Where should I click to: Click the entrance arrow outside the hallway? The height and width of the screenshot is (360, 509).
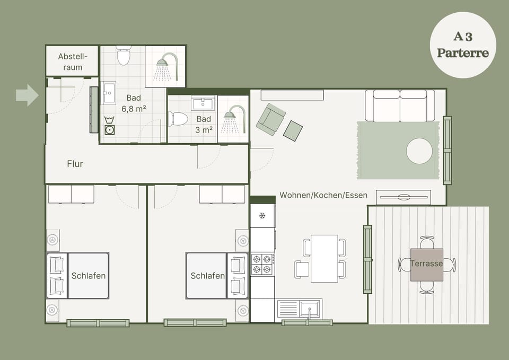[x=27, y=95]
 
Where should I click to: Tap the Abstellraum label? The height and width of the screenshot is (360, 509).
[x=73, y=62]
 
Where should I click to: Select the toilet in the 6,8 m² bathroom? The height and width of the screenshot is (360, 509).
[x=124, y=55]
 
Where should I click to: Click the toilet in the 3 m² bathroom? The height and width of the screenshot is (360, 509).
[x=178, y=118]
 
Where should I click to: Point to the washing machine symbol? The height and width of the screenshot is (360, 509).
[x=109, y=126]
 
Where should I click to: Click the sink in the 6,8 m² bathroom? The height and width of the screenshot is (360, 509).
[x=109, y=93]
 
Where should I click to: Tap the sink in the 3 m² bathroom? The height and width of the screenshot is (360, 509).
[x=203, y=103]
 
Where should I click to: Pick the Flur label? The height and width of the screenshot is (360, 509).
[x=75, y=164]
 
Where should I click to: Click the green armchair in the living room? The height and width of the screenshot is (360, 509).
[x=271, y=119]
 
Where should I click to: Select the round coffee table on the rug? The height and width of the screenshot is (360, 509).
[x=419, y=151]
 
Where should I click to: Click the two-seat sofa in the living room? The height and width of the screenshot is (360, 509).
[x=400, y=106]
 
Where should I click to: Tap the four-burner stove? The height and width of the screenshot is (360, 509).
[x=262, y=264]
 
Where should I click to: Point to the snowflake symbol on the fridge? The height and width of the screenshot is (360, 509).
[x=262, y=215]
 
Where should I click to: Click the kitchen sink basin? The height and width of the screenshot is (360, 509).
[x=310, y=309]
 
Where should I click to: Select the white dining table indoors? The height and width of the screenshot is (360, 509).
[x=324, y=258]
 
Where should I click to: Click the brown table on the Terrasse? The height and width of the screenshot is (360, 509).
[x=426, y=265]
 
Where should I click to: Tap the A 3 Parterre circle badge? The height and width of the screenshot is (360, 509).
[x=463, y=45]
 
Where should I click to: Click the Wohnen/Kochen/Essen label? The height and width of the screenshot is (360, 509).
[x=323, y=195]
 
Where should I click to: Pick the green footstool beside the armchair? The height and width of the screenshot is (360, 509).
[x=293, y=130]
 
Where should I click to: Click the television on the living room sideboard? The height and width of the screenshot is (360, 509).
[x=404, y=197]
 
